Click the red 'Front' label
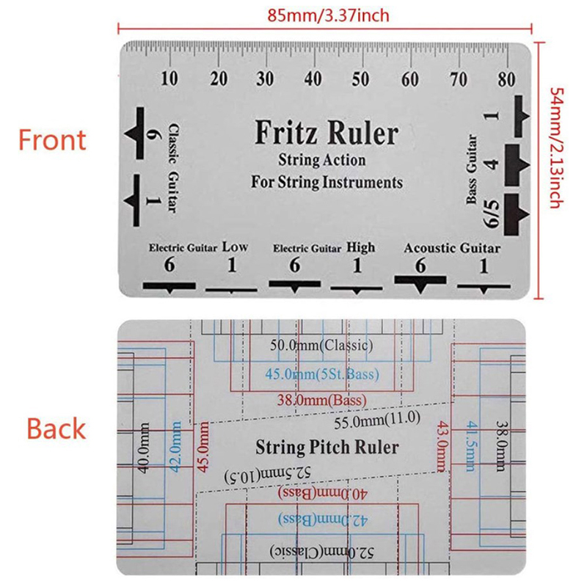pos(52,140)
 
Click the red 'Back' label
pos(56,429)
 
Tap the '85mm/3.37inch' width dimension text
pos(328,15)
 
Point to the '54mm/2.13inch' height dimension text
pos(557,148)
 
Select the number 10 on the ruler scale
pos(169,79)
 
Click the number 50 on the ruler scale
pos(360,79)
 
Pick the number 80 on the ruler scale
pos(506,79)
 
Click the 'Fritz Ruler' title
pos(327,133)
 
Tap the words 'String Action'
pos(321,160)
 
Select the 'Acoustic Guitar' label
pos(452,248)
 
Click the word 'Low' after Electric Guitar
pos(235,247)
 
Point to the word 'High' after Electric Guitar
pos(360,247)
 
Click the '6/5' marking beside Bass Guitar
pos(492,214)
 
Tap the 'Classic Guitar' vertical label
pos(173,169)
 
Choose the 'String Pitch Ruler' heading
pos(327,448)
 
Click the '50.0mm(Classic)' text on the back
pos(321,345)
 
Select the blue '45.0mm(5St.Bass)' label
pos(322,374)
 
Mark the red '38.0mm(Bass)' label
pos(322,400)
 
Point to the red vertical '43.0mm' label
pos(443,446)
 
